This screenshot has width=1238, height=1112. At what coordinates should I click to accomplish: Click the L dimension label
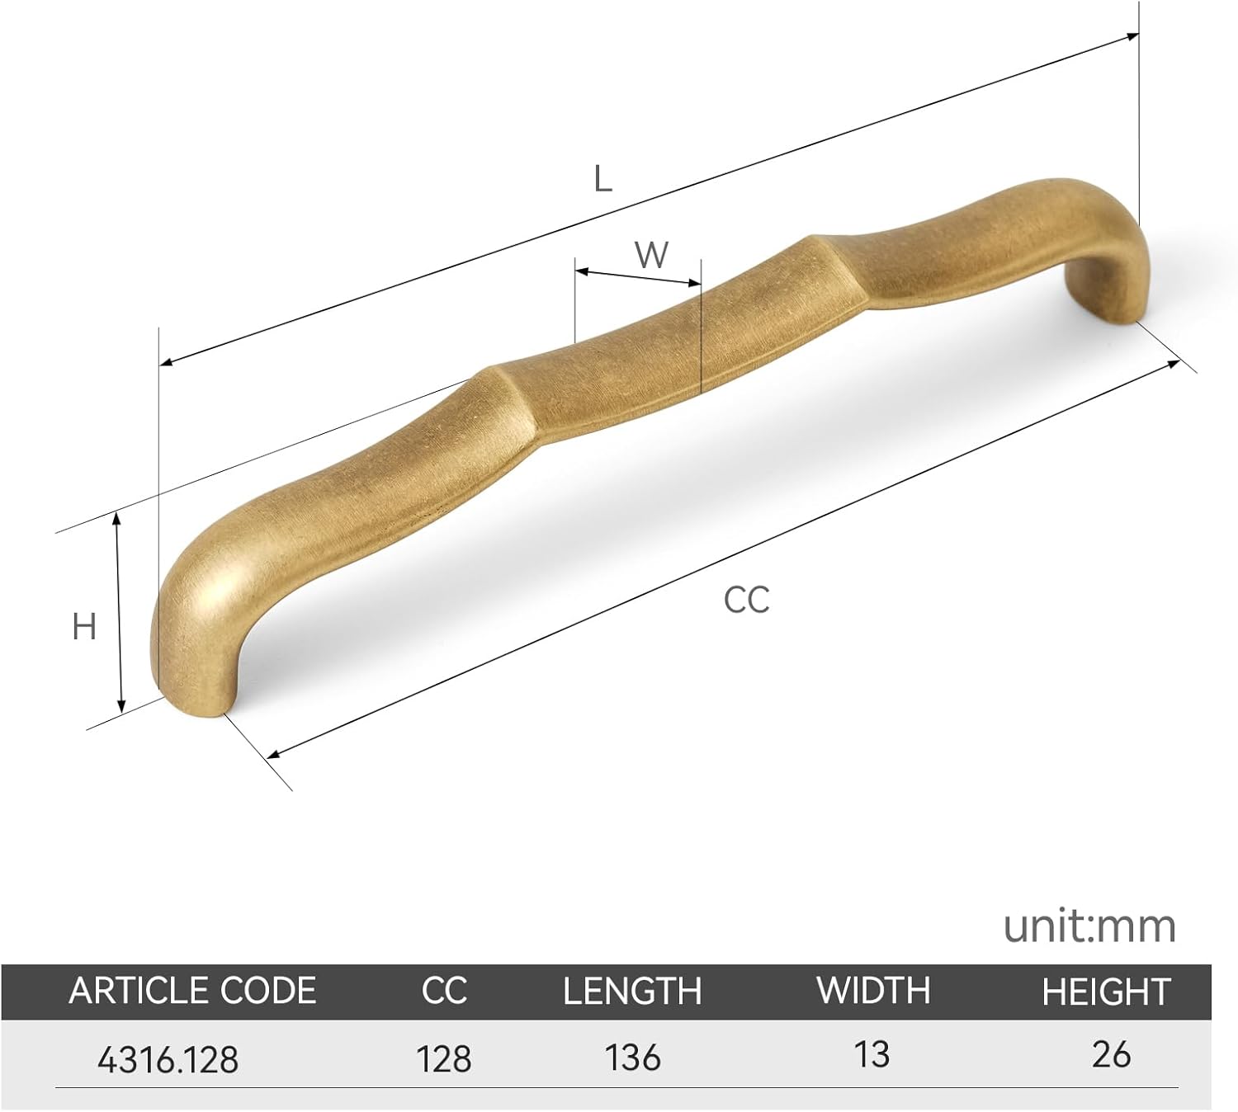click(603, 178)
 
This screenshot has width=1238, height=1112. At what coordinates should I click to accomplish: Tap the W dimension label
click(651, 255)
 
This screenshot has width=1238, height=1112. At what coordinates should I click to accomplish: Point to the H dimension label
click(84, 627)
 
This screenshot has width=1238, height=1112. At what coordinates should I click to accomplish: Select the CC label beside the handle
click(746, 600)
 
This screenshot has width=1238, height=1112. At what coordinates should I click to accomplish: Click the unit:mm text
click(1089, 926)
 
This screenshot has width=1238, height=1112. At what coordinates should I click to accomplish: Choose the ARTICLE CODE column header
click(192, 991)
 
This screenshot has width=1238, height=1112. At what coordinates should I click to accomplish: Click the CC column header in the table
click(444, 991)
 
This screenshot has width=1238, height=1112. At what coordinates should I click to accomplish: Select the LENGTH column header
click(632, 991)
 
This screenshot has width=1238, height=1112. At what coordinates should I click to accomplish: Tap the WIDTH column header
click(873, 990)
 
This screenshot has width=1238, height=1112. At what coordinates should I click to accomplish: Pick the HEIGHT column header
click(1106, 992)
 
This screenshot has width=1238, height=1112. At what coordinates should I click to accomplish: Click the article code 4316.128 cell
click(168, 1058)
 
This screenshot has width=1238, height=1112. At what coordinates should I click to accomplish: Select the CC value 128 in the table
click(445, 1058)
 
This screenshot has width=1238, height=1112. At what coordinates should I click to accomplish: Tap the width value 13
click(872, 1054)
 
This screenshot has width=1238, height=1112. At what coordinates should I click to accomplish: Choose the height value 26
click(1111, 1054)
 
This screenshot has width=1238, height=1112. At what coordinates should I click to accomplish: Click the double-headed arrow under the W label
click(638, 276)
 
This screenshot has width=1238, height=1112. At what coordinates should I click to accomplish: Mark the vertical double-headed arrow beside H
click(120, 611)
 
